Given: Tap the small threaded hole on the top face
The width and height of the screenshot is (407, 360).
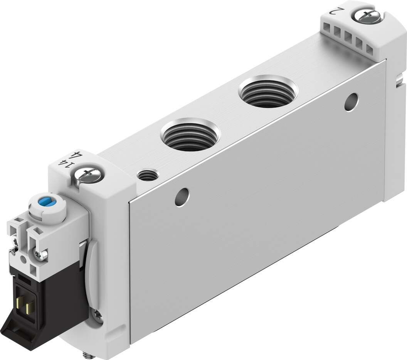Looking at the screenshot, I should pos(147,176).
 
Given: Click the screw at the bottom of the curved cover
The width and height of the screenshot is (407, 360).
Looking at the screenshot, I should pos(97,316).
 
